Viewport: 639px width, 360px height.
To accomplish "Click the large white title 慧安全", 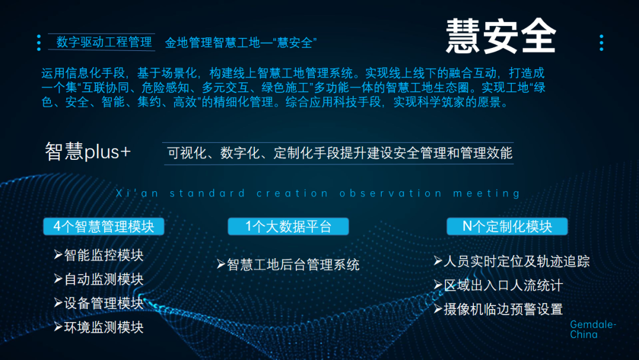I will [501, 36].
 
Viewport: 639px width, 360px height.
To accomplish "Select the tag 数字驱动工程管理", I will [104, 42].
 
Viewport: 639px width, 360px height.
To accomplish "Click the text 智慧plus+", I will [88, 152].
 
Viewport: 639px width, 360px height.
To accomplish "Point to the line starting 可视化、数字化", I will [340, 153].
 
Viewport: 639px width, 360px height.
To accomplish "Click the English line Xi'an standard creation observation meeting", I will [318, 194].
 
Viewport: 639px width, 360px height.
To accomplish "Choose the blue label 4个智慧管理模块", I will [104, 226].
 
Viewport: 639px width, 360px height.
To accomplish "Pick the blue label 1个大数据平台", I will [288, 226].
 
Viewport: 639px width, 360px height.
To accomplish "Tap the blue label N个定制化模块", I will [507, 226].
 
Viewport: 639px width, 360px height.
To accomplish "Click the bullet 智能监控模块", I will [99, 255].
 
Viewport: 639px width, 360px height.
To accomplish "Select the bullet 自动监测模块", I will [99, 279].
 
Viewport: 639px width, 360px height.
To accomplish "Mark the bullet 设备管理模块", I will [99, 303].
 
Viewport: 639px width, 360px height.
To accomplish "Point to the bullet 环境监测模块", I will [99, 327].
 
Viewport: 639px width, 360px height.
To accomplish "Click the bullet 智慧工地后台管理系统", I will [288, 264].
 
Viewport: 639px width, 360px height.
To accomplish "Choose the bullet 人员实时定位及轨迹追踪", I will [512, 261].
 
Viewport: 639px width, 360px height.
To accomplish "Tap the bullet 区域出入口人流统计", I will [498, 285].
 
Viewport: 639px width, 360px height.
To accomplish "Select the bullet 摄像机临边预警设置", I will [498, 308].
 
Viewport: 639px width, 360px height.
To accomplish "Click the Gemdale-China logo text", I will [593, 330].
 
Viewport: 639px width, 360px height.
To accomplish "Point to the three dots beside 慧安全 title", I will [601, 43].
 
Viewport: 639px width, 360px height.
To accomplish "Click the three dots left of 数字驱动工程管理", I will [39, 43].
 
